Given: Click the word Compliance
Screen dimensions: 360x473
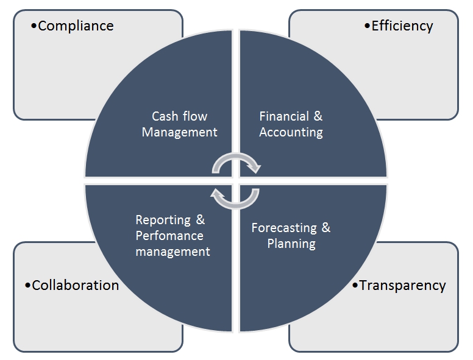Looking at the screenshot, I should [x=76, y=26].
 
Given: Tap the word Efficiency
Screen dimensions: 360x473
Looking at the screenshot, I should [x=402, y=26].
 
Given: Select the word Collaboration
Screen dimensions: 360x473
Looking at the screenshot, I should [x=75, y=285].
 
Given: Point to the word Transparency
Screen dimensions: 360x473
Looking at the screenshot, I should [x=402, y=285].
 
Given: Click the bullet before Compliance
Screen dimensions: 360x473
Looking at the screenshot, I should [x=34, y=26].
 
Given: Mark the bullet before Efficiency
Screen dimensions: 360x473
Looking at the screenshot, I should [x=367, y=26].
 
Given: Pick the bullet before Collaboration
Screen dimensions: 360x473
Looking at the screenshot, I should [x=27, y=285].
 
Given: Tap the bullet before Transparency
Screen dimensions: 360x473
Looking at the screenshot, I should [x=355, y=285].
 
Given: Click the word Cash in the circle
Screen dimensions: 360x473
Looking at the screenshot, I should [x=165, y=116].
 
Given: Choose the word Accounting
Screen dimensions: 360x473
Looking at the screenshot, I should [x=291, y=132].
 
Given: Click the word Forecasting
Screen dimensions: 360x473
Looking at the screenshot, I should [x=284, y=228].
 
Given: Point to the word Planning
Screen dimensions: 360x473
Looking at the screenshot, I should [x=291, y=244].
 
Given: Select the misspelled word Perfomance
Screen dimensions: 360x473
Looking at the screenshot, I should [x=169, y=236].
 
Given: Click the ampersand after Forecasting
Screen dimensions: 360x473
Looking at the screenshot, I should [x=326, y=228].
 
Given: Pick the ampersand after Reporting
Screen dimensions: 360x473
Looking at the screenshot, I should [x=200, y=220].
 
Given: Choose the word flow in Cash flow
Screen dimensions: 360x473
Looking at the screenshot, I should [x=195, y=116].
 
